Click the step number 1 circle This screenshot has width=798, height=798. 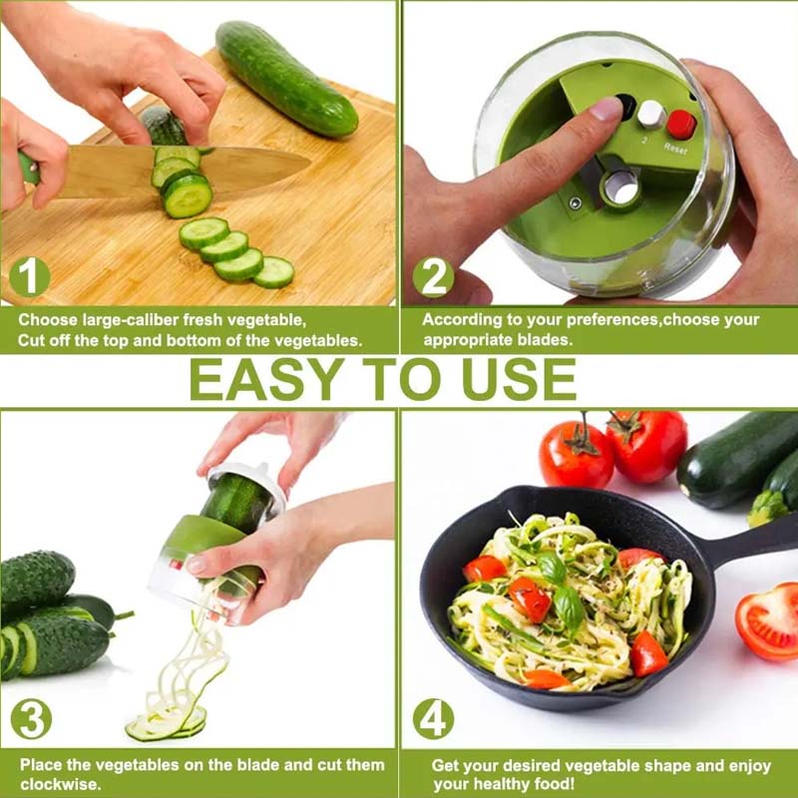pyautogui.click(x=29, y=276)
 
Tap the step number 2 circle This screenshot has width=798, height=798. pyautogui.click(x=433, y=276)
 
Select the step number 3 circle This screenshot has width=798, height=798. pyautogui.click(x=30, y=719)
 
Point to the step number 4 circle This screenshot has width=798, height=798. pyautogui.click(x=433, y=719)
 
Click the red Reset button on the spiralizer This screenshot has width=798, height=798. pyautogui.click(x=681, y=125)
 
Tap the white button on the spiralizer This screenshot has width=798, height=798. pyautogui.click(x=650, y=114)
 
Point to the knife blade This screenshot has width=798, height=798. pyautogui.click(x=199, y=170)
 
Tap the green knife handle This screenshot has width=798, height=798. pyautogui.click(x=29, y=169)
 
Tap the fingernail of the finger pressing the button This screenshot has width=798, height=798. pyautogui.click(x=606, y=108)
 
